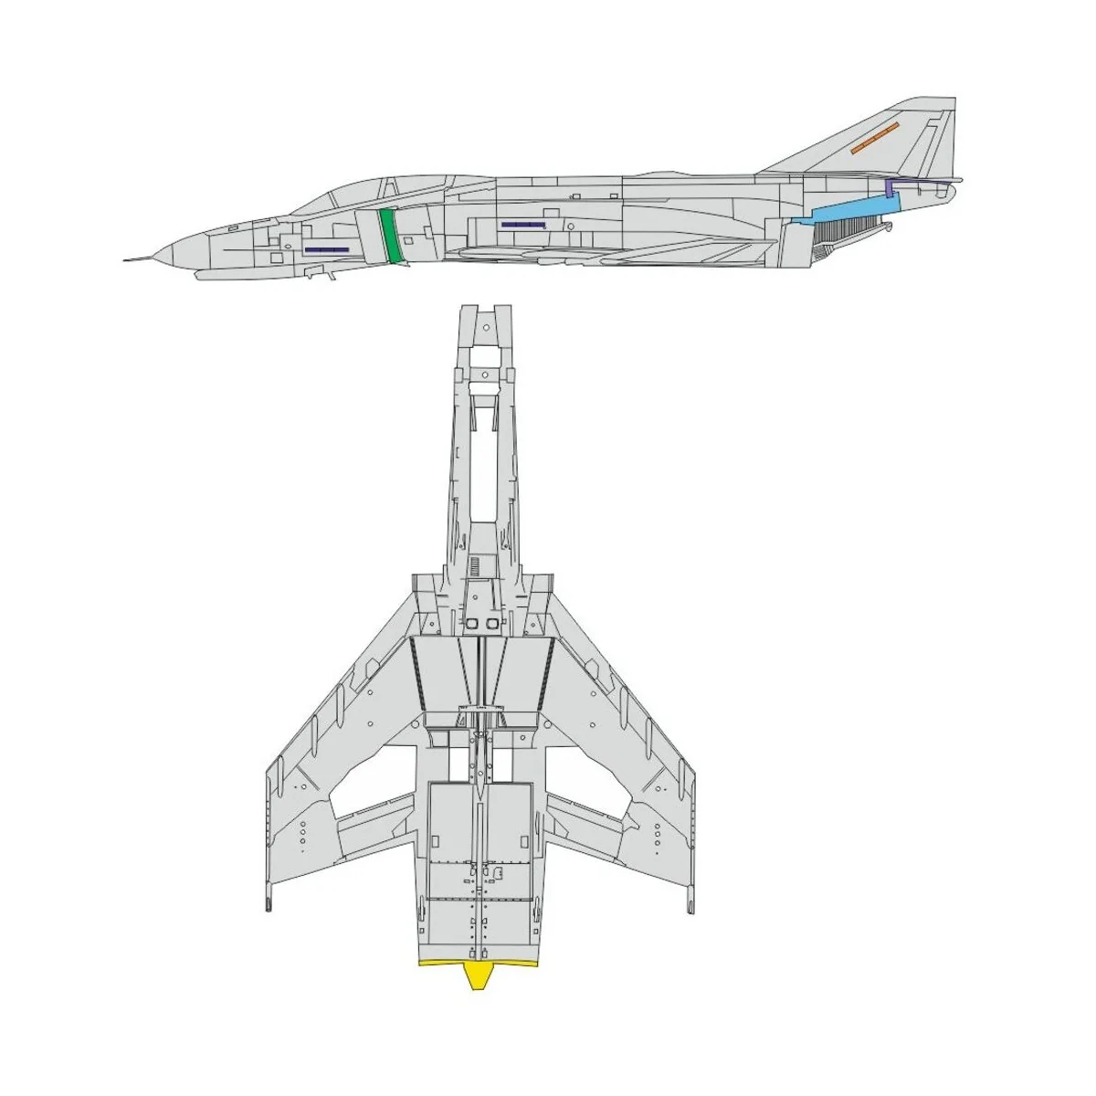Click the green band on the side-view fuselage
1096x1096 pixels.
pos(390,236)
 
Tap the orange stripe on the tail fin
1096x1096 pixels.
pos(874,137)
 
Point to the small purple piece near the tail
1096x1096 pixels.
pos(890,188)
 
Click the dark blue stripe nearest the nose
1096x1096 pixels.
pos(326,249)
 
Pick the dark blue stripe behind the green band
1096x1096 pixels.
pos(522,224)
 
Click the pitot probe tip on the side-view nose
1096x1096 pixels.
pos(126,260)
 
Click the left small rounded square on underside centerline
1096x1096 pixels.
pos(472,623)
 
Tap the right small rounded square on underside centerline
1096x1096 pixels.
pos(493,623)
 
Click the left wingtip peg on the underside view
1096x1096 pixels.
pos(269,903)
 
